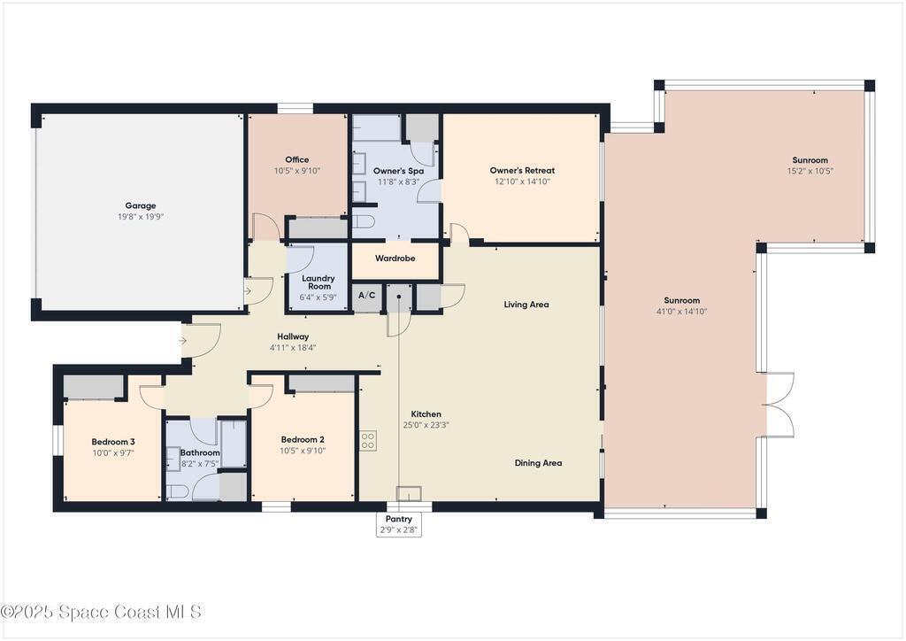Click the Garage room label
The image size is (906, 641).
click(x=141, y=205)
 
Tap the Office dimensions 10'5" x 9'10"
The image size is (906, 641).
click(x=297, y=171)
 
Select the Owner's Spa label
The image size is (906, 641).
click(x=398, y=171)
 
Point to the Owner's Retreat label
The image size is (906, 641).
click(x=522, y=170)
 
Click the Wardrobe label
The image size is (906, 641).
click(x=395, y=259)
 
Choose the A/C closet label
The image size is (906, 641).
click(x=367, y=296)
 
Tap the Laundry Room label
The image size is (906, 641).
click(x=319, y=282)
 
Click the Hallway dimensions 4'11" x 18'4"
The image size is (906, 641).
click(x=293, y=348)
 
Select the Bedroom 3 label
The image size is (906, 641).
click(x=113, y=442)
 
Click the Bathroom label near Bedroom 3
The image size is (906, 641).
click(x=200, y=452)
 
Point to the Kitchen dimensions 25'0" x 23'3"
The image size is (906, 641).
click(x=426, y=425)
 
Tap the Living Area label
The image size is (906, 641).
click(x=526, y=305)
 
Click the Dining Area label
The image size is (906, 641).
click(x=539, y=463)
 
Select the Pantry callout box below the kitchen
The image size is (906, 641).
click(x=399, y=524)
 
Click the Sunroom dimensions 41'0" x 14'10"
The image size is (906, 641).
click(x=682, y=312)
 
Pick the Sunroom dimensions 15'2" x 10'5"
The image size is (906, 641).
click(x=810, y=171)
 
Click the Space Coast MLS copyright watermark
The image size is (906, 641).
click(x=101, y=612)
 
